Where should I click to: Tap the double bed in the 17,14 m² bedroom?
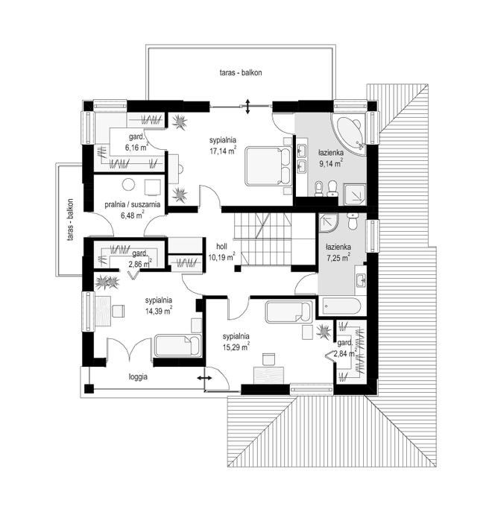268,166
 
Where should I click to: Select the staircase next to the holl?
262,239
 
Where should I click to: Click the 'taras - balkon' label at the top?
241,72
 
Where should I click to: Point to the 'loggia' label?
138,377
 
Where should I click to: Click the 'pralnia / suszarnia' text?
133,204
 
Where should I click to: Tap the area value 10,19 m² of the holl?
221,257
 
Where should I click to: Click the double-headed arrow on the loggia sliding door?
204,378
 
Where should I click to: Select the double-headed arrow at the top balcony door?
247,107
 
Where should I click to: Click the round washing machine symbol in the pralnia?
128,184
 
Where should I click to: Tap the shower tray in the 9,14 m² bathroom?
355,195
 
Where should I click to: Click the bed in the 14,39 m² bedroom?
178,345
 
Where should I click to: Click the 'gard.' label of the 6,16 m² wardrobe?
136,136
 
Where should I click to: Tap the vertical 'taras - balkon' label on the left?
70,220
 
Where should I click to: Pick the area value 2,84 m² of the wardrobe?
345,353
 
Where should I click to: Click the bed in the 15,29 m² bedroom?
288,312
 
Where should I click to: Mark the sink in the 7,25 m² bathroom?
361,280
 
